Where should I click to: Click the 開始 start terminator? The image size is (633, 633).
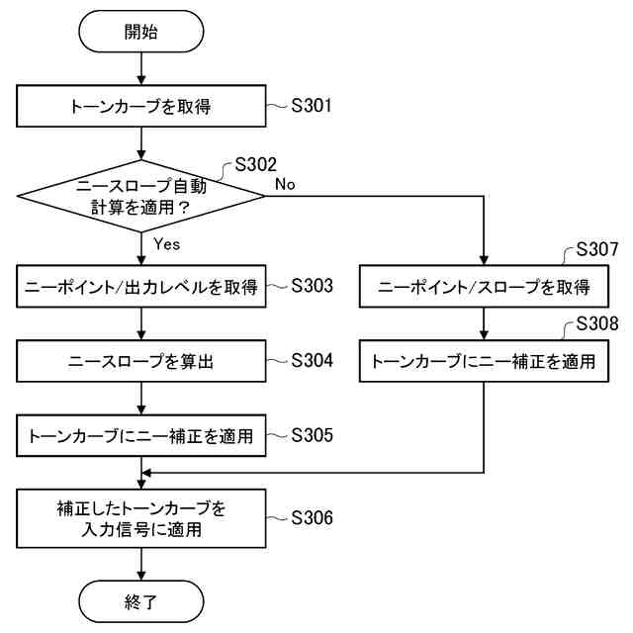click(x=141, y=32)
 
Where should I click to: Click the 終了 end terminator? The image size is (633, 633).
click(x=141, y=601)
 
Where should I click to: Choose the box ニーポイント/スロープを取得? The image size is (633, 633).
click(x=484, y=288)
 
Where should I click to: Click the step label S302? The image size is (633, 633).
click(x=255, y=164)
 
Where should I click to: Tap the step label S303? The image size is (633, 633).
click(x=312, y=287)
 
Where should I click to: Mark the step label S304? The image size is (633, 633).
click(x=312, y=361)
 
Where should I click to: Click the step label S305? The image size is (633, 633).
click(x=312, y=435)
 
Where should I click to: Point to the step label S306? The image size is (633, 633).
click(x=312, y=518)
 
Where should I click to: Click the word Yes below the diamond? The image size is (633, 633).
click(x=166, y=242)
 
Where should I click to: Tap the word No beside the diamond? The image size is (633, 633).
click(x=285, y=184)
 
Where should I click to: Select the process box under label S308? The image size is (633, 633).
click(x=484, y=362)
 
